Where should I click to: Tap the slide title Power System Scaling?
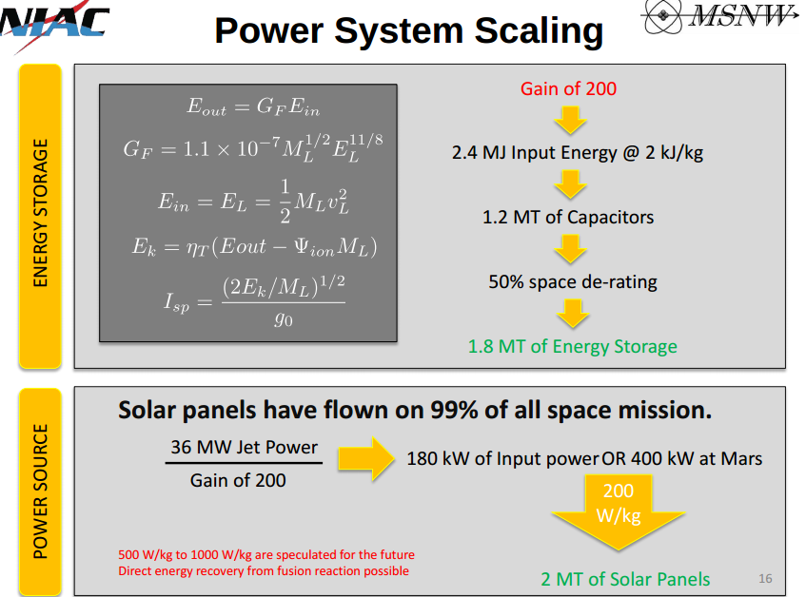click(x=408, y=30)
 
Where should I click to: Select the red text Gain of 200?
click(x=568, y=88)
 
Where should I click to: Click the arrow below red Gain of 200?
click(x=570, y=121)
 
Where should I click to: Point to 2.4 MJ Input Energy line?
click(x=578, y=153)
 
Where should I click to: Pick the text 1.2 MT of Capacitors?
click(x=568, y=217)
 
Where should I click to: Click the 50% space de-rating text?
click(x=573, y=281)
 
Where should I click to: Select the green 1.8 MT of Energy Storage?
click(x=572, y=346)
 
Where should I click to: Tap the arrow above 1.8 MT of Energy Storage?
click(x=573, y=314)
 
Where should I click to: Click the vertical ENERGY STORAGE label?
click(x=40, y=213)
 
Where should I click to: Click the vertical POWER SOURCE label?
click(x=40, y=491)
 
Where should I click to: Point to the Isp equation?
click(x=254, y=302)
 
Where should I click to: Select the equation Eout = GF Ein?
click(x=253, y=106)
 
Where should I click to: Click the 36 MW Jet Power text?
click(x=245, y=447)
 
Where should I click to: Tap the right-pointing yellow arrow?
click(x=366, y=458)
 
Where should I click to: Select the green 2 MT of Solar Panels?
click(x=625, y=580)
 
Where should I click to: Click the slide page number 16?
click(x=765, y=579)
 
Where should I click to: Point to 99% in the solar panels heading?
click(x=452, y=410)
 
